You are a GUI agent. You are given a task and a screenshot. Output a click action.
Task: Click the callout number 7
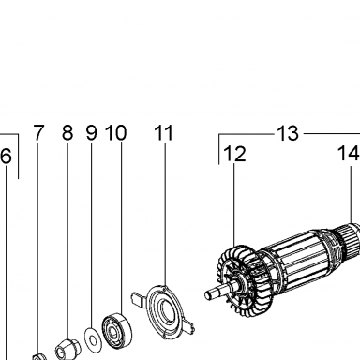coord(38,132)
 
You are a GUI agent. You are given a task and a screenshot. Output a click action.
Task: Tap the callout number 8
coord(67,132)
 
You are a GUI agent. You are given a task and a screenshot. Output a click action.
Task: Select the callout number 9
coord(92,132)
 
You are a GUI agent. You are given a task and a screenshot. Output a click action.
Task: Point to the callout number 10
coord(115,132)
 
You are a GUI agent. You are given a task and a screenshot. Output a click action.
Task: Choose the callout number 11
coord(164,132)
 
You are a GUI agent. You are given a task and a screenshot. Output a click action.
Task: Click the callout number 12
coord(235,154)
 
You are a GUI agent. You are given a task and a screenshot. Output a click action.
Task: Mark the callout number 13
coord(288,133)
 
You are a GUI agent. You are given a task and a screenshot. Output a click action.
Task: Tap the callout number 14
coord(349,154)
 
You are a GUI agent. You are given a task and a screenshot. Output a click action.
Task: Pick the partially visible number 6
coord(6,157)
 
